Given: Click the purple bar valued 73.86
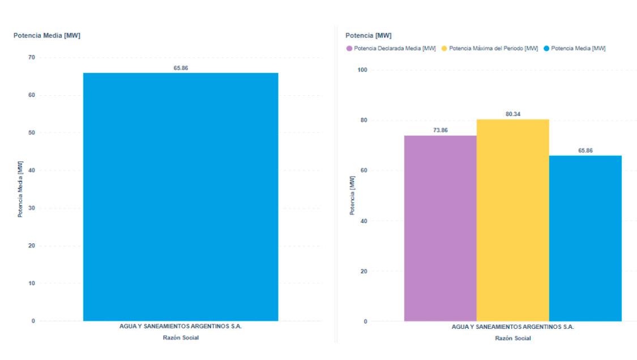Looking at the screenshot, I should [440, 228].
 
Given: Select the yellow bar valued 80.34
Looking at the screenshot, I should [512, 220].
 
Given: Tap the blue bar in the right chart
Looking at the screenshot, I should [585, 238].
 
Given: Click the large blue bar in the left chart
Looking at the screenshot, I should [181, 196].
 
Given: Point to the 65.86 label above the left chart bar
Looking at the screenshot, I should [181, 68].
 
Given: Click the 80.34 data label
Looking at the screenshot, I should [513, 114].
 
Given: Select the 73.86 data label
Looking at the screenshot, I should [441, 130].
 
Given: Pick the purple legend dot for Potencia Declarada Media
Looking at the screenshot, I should [349, 49].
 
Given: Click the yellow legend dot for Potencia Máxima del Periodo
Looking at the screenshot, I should [444, 49].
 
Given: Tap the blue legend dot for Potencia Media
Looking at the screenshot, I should [546, 49].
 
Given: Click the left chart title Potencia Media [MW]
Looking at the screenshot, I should [47, 36].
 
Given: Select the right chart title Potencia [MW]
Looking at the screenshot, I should [369, 36].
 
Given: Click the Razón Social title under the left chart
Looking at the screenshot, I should [181, 338].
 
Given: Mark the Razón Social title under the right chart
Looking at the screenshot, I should [513, 338].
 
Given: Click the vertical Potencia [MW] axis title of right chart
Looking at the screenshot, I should [352, 195].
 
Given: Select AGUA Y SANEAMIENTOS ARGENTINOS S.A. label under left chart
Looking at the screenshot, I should [181, 327].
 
